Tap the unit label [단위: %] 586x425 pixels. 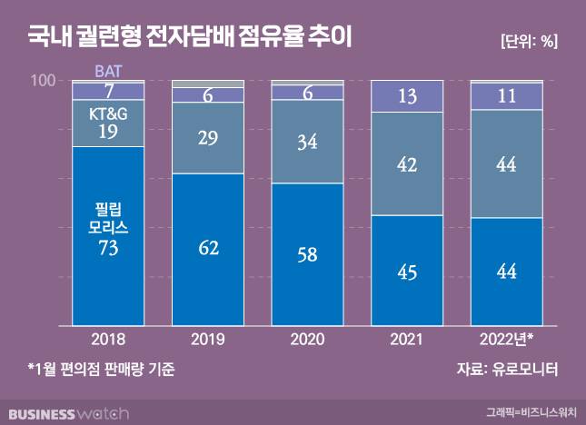tap(528, 41)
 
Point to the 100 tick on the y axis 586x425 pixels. tap(43, 81)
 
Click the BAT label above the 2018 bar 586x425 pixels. tap(109, 69)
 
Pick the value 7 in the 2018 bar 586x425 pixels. tap(108, 91)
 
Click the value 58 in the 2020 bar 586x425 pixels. tap(307, 253)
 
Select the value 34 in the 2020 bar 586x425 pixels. tap(307, 142)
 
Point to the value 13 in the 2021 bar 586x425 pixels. tap(406, 96)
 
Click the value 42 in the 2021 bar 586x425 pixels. tap(406, 164)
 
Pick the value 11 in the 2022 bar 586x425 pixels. tap(506, 95)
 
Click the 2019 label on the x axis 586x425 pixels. tap(207, 339)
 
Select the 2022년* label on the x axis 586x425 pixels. tap(507, 339)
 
